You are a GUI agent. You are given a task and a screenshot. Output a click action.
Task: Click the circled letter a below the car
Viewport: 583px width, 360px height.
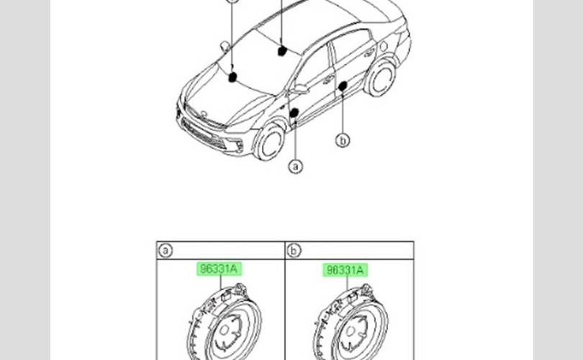pyautogui.click(x=295, y=166)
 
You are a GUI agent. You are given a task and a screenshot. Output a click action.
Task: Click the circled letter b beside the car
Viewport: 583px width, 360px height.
pyautogui.click(x=343, y=141)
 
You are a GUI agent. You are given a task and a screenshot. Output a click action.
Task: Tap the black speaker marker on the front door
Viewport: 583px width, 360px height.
pyautogui.click(x=294, y=113)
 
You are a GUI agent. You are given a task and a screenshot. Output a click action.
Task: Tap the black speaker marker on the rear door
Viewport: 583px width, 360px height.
pyautogui.click(x=343, y=86)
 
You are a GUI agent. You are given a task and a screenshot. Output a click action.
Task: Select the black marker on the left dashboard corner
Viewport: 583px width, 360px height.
pyautogui.click(x=232, y=76)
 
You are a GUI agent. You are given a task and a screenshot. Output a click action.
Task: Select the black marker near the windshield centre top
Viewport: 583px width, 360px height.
pyautogui.click(x=282, y=50)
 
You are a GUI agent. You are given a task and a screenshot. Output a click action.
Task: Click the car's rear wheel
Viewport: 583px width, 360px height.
pyautogui.click(x=381, y=78)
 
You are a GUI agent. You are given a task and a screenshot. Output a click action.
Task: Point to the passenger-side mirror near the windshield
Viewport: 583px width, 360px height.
pyautogui.click(x=225, y=46)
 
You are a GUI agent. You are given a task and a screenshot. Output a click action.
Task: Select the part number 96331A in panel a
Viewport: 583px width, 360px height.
pyautogui.click(x=220, y=270)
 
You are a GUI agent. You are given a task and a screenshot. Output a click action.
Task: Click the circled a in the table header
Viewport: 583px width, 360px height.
pyautogui.click(x=166, y=251)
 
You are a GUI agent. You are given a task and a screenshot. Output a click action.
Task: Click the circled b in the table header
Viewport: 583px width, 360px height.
pyautogui.click(x=294, y=251)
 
